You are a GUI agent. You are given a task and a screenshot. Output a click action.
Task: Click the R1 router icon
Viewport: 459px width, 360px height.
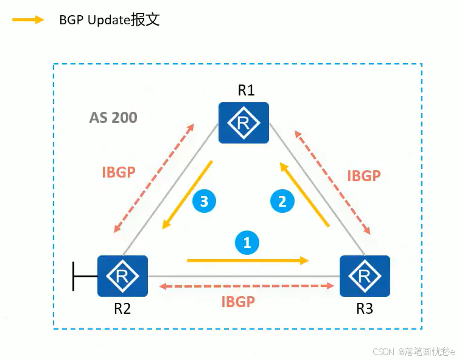point(244,122)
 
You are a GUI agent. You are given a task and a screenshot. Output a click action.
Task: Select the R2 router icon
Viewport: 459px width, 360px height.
point(123,275)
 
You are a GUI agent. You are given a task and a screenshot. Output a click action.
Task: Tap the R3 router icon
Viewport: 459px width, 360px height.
point(365,275)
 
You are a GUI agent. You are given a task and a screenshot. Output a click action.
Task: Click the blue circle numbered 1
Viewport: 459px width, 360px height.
point(247,243)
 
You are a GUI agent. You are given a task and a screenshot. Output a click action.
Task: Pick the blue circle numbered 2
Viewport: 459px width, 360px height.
point(282,201)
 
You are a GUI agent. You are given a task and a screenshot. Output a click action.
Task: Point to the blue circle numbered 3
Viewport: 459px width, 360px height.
point(205,201)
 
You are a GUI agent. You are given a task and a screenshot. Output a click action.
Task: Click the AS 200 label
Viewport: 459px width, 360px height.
point(113,117)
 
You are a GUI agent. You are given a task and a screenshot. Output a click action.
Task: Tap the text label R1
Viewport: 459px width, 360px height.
point(246,91)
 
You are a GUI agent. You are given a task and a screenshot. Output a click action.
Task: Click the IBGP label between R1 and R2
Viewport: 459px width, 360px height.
point(118,172)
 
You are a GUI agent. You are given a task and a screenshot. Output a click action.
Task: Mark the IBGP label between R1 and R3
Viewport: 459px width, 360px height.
point(364,176)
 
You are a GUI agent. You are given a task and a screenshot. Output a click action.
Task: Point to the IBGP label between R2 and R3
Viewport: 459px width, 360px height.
point(238,301)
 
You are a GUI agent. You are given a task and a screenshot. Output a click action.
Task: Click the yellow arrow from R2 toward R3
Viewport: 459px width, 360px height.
point(247,260)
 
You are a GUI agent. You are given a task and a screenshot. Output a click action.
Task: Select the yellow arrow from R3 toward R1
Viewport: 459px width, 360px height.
point(304,194)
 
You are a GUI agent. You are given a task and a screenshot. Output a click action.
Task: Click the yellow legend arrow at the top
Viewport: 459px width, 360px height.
point(28,19)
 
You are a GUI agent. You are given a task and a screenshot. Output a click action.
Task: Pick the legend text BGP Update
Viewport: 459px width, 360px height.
point(110,19)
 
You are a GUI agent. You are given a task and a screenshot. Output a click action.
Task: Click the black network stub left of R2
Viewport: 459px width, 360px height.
point(83,276)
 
